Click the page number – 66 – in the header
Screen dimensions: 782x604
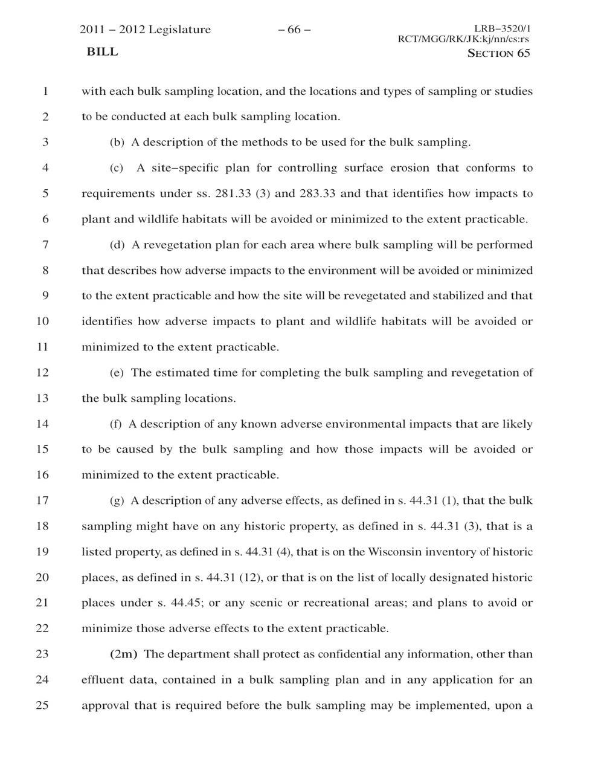pyautogui.click(x=294, y=30)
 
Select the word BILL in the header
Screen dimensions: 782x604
pyautogui.click(x=102, y=52)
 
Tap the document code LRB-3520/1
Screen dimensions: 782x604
pyautogui.click(x=502, y=28)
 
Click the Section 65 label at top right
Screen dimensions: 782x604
pyautogui.click(x=499, y=53)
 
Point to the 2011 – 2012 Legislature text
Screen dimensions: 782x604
pyautogui.click(x=146, y=30)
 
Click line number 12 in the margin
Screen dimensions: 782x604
pyautogui.click(x=42, y=373)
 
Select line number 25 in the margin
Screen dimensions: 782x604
pyautogui.click(x=42, y=705)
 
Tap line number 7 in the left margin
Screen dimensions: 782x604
pyautogui.click(x=45, y=245)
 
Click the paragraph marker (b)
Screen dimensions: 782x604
pyautogui.click(x=117, y=143)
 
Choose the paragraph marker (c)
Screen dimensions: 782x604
pyautogui.click(x=117, y=168)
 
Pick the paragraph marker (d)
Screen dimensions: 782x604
pyautogui.click(x=117, y=245)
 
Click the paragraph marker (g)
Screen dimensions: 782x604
pyautogui.click(x=117, y=501)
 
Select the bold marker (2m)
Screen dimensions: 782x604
pyautogui.click(x=124, y=654)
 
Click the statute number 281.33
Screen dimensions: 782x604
pyautogui.click(x=233, y=194)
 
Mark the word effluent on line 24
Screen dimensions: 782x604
pyautogui.click(x=103, y=680)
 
